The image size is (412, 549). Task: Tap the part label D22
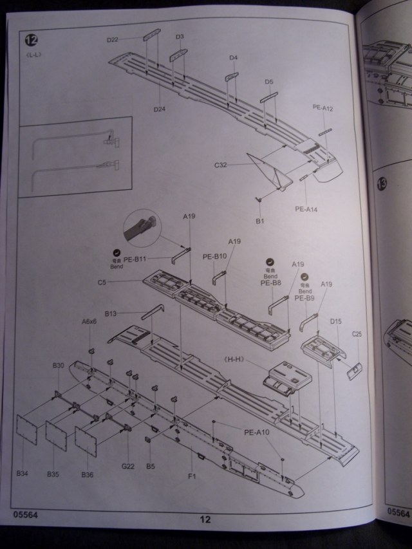click(x=113, y=40)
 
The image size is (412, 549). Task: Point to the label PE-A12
click(x=323, y=107)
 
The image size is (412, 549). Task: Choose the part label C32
click(x=221, y=165)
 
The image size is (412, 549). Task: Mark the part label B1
click(x=260, y=221)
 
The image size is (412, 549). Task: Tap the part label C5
click(x=102, y=282)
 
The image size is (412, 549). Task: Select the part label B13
click(x=110, y=313)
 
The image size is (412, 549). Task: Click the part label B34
click(x=23, y=474)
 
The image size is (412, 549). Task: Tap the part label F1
click(x=191, y=476)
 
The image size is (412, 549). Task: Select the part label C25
click(x=357, y=333)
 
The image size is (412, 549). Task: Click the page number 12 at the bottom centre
click(x=205, y=520)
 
